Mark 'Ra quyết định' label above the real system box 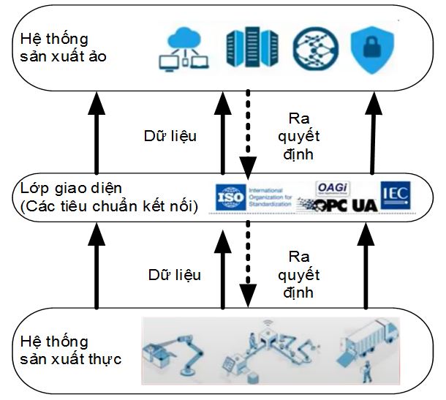click(301, 274)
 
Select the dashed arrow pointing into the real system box click(248, 267)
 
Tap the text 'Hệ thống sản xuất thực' click(66, 350)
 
